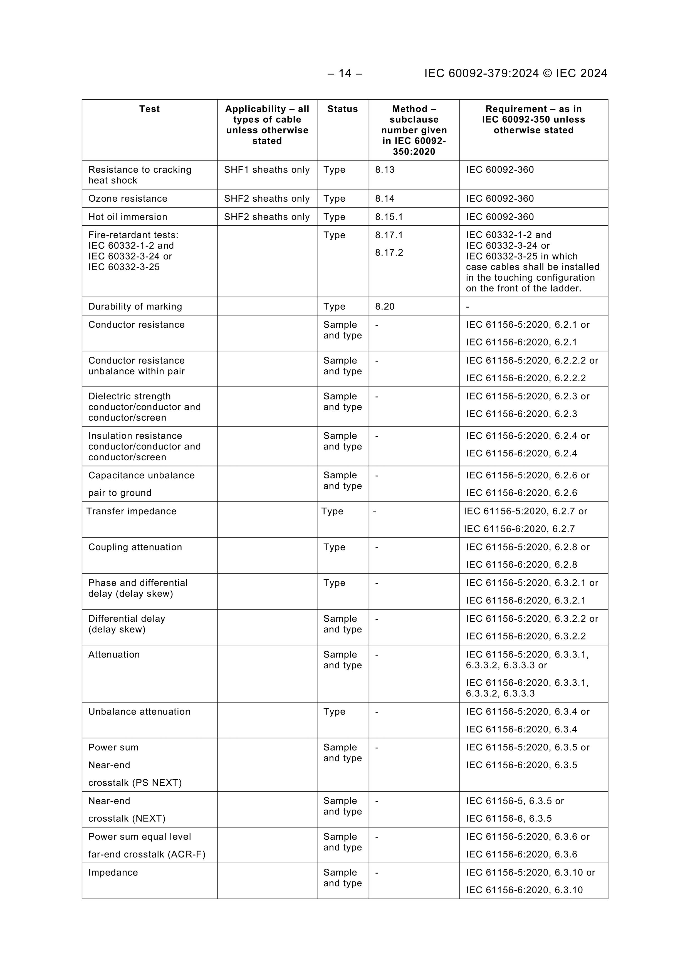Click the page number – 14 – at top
coord(345,73)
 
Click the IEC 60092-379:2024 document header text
coord(515,73)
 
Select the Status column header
coord(342,109)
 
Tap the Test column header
coord(149,109)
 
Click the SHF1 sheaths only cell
coord(266,170)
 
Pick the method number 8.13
coord(385,170)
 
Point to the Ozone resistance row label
coord(128,199)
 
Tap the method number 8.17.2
coord(389,253)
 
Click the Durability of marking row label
coord(135,307)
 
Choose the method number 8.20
coord(385,307)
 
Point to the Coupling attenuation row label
coord(135,547)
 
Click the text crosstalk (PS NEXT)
coord(135,783)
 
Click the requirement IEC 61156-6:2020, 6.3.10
coord(524,890)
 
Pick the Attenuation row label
coord(114,655)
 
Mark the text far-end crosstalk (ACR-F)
coord(147,854)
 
